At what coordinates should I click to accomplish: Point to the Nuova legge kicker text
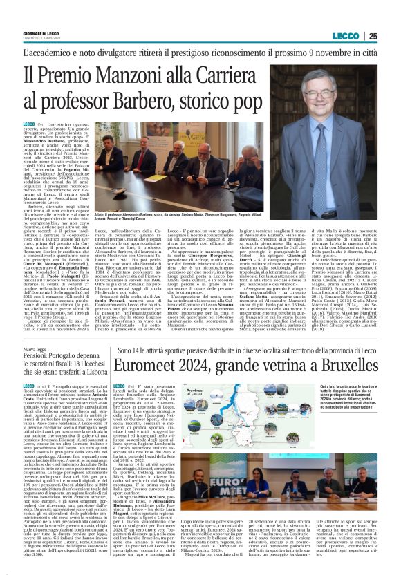pos(35,350)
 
